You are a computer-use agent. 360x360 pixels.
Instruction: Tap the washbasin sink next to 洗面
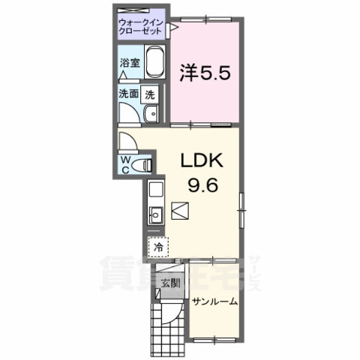click(x=150, y=113)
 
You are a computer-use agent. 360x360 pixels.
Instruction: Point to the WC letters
click(x=126, y=163)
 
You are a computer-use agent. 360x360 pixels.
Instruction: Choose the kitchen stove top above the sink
click(x=156, y=190)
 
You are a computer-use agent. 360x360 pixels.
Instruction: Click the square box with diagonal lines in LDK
click(x=180, y=211)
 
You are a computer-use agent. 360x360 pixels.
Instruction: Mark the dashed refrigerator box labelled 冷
click(x=159, y=246)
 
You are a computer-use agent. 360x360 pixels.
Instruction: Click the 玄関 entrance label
click(x=170, y=283)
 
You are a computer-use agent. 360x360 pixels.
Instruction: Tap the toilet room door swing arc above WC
click(x=128, y=142)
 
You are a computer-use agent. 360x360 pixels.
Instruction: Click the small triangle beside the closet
click(x=173, y=27)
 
